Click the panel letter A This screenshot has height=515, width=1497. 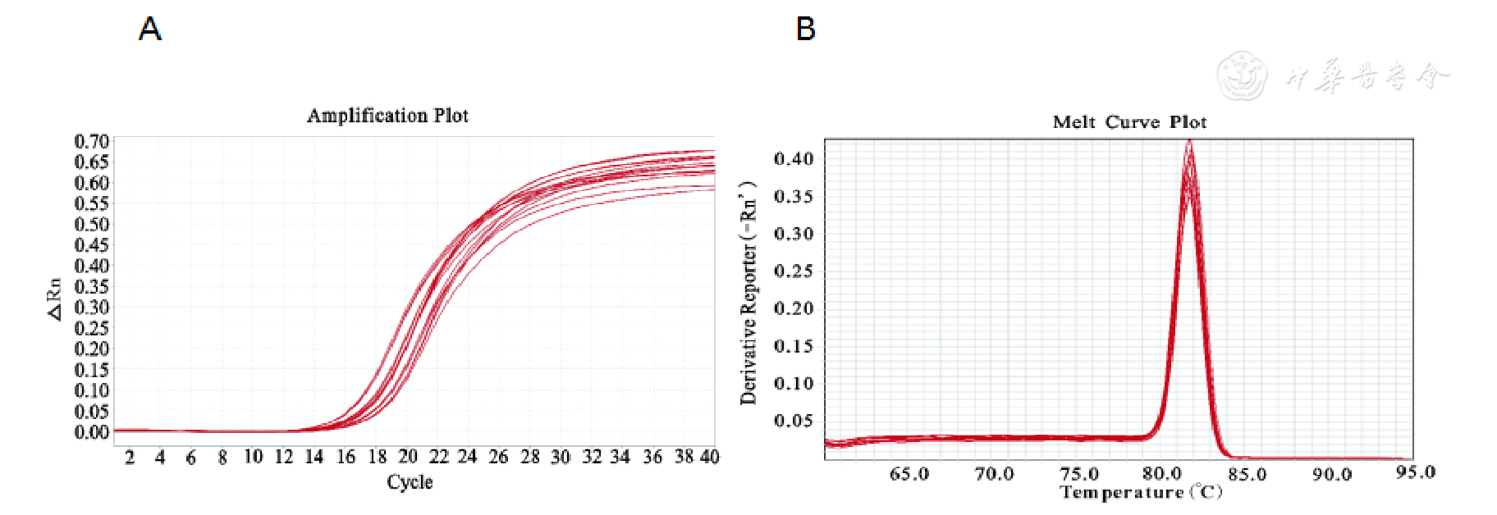(x=149, y=30)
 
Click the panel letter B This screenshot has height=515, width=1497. (x=805, y=30)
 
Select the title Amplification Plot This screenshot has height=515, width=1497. (x=387, y=116)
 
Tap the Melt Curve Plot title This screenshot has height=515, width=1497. (x=1129, y=122)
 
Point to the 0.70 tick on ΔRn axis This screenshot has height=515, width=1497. (x=91, y=141)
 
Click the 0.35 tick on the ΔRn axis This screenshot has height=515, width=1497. (x=91, y=286)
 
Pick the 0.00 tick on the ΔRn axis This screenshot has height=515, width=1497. (x=91, y=432)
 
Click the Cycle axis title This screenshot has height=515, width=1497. (x=410, y=482)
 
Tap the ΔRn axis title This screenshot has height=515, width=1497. (x=54, y=299)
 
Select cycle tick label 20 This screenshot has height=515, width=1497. (x=408, y=457)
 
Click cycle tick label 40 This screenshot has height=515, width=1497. (x=709, y=457)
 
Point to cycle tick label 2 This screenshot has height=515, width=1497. (x=130, y=458)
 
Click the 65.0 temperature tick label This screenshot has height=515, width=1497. (x=909, y=474)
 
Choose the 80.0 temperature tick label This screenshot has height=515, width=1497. (x=1162, y=474)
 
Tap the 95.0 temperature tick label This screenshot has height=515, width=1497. (x=1416, y=472)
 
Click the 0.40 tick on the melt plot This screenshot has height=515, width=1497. (x=794, y=158)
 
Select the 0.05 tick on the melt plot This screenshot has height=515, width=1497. (x=794, y=421)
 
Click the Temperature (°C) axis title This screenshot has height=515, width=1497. (x=1141, y=492)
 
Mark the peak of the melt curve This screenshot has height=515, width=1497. (x=1188, y=144)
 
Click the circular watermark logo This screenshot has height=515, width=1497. (x=1242, y=75)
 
